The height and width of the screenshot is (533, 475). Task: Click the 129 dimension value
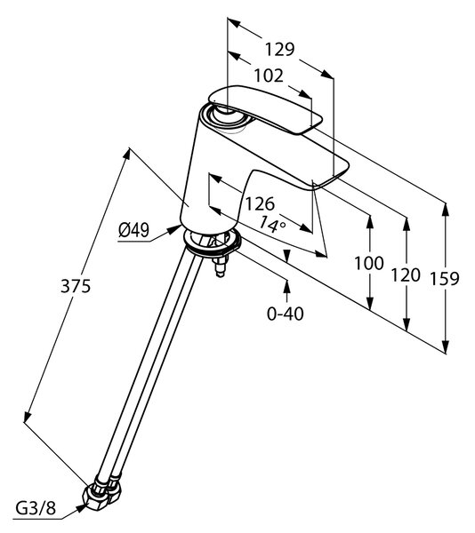click(x=279, y=50)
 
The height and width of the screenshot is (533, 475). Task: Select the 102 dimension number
click(x=269, y=76)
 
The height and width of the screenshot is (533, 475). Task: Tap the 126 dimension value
click(x=260, y=204)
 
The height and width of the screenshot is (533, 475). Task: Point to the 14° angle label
click(x=271, y=225)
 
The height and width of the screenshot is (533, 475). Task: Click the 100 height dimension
click(x=369, y=264)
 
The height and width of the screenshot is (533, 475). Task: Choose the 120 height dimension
click(x=406, y=275)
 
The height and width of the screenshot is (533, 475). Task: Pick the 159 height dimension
click(x=445, y=279)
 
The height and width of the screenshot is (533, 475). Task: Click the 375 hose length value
click(x=76, y=286)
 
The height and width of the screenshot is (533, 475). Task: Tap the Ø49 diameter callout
click(x=133, y=231)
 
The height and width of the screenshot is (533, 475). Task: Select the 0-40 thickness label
click(x=286, y=314)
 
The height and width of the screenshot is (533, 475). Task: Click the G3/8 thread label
click(x=36, y=509)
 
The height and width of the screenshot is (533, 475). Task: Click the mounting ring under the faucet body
click(x=212, y=242)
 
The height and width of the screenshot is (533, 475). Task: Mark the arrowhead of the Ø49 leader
click(x=176, y=229)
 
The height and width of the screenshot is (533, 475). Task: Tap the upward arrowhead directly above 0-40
click(x=286, y=285)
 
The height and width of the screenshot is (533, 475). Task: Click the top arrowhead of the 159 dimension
click(x=446, y=209)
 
